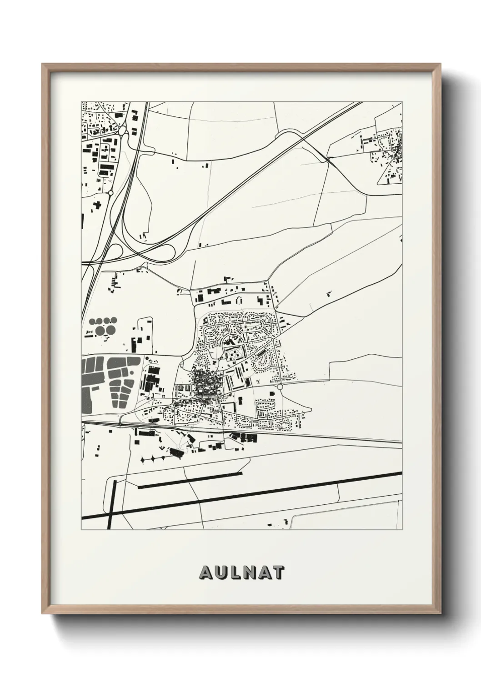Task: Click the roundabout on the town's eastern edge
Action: coord(280,386)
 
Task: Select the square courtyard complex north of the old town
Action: coord(234,353)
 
